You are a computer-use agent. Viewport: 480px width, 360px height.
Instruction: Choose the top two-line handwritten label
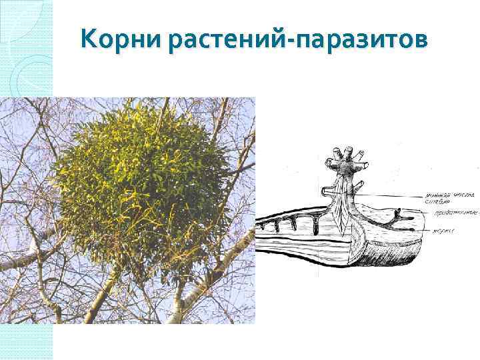[437, 198]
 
